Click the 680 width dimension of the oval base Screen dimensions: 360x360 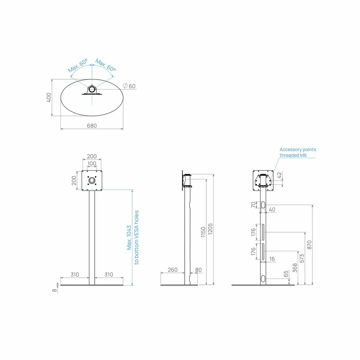click(92, 126)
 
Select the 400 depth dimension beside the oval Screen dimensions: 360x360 click(49, 98)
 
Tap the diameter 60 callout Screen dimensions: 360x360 click(129, 86)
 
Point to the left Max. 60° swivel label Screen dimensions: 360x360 click(78, 65)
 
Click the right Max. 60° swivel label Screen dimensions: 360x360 click(105, 65)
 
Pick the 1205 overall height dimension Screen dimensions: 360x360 click(210, 229)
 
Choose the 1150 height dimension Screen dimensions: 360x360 click(203, 232)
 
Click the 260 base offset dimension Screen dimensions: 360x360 click(172, 270)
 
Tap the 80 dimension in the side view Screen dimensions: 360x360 click(198, 270)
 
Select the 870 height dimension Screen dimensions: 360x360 click(309, 245)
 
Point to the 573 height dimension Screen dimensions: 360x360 click(302, 258)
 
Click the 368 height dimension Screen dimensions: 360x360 click(295, 268)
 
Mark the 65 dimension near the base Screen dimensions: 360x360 click(286, 274)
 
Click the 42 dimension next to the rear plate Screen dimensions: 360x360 click(279, 175)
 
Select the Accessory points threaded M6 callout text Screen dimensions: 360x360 click(298, 152)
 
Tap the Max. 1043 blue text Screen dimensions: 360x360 click(129, 237)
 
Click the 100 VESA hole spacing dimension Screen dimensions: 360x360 click(92, 163)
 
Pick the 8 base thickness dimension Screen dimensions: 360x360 click(54, 290)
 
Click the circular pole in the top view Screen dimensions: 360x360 click(92, 89)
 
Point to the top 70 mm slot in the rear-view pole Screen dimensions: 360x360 click(263, 205)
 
